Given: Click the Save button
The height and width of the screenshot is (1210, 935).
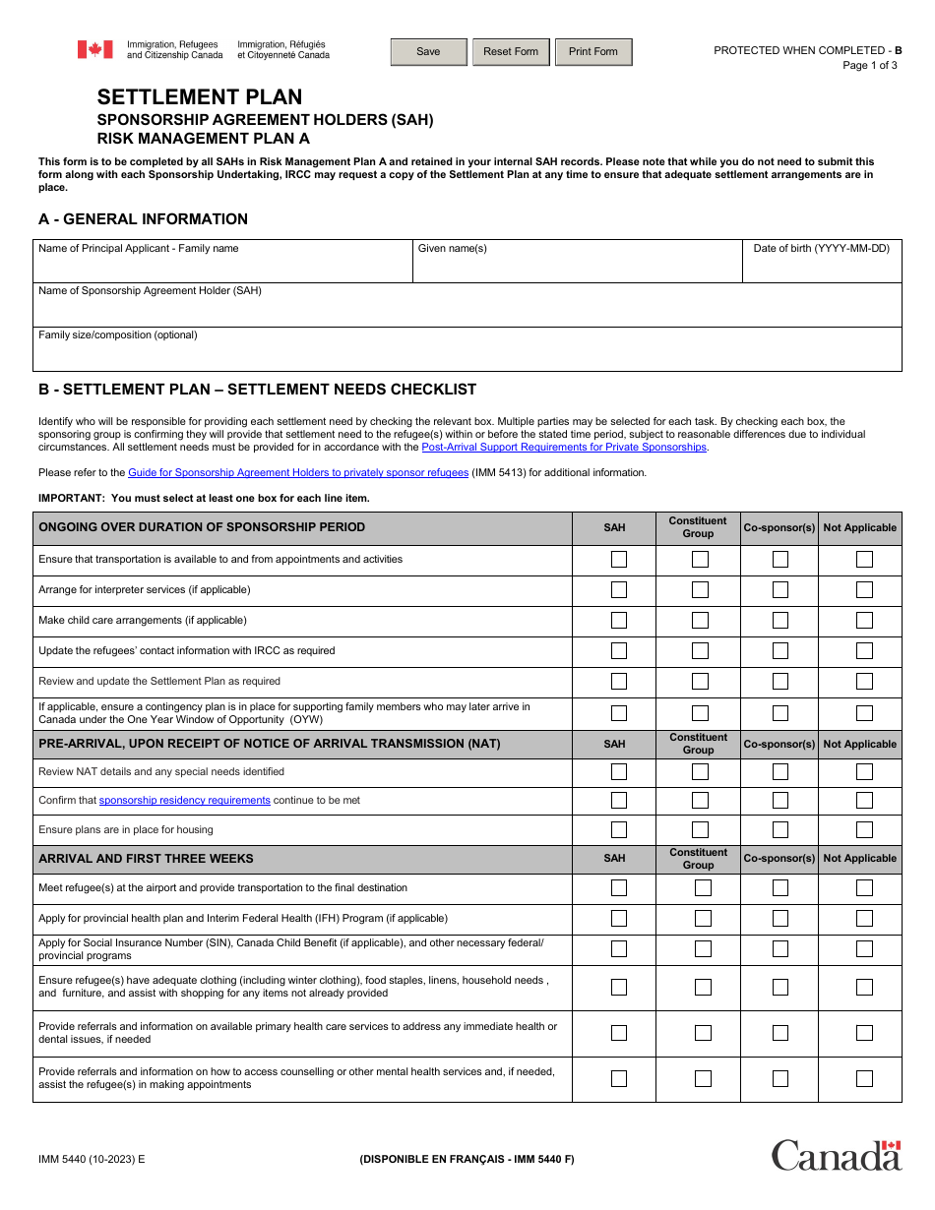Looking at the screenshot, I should point(428,52).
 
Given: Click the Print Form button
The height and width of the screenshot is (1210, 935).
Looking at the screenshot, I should point(593,52).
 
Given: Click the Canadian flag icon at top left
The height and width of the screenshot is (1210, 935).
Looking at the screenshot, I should point(95,49).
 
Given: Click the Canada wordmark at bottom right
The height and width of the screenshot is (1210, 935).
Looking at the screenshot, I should point(836,1155).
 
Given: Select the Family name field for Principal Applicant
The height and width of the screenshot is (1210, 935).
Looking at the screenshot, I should point(222,268).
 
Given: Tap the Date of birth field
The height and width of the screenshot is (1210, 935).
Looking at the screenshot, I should point(822,268).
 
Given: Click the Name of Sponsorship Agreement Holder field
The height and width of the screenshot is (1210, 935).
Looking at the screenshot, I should point(467,311).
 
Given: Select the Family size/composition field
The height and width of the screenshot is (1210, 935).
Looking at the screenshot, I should point(467,355).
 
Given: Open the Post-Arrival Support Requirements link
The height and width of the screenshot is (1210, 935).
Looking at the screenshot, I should point(564,447).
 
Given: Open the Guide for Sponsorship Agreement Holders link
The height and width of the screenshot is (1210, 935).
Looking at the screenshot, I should point(298,472).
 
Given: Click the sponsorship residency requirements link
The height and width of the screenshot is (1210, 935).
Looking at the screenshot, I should point(184,801).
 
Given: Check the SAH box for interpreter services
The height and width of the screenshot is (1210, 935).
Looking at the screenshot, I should point(619,590).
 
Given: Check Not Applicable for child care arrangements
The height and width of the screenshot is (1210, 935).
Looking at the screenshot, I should point(864,621).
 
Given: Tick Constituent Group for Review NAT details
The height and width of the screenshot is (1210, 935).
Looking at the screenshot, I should point(700,772).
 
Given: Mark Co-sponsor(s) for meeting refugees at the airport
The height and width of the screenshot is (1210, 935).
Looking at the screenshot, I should point(780,888).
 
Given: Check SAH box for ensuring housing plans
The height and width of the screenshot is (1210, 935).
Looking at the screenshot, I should point(619,829).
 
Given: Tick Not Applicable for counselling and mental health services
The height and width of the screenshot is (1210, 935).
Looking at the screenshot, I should point(864,1078).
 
